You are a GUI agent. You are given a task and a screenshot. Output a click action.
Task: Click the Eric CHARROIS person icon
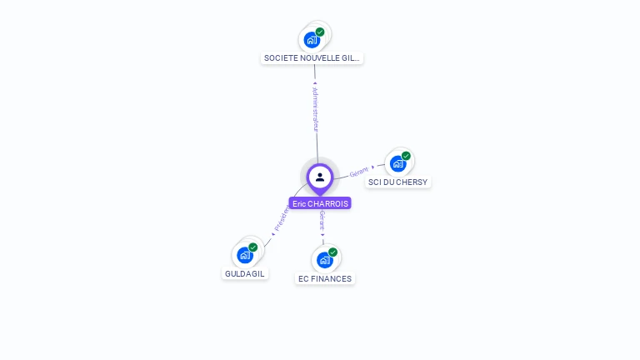tap(320, 177)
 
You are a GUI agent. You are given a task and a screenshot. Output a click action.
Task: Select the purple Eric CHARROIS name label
tap(320, 203)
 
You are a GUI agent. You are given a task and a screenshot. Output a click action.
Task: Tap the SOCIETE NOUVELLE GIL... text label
tap(312, 58)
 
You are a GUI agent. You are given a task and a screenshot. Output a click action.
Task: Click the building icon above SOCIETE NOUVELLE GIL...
tap(312, 40)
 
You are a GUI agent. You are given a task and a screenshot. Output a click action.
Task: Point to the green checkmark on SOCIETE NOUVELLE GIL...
tap(320, 32)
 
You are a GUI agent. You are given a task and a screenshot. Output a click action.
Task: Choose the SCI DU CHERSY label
tap(398, 182)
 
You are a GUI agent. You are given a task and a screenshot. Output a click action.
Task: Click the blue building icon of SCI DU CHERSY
tap(398, 163)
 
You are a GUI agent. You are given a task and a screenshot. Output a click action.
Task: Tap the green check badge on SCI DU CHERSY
tap(406, 156)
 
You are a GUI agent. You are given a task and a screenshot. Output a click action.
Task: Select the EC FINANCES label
tap(325, 278)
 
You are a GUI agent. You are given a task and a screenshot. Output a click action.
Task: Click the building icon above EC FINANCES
tap(325, 260)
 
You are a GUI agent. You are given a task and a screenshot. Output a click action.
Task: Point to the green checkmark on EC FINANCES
tap(332, 252)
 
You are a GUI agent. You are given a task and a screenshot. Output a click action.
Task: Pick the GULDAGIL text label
tap(245, 273)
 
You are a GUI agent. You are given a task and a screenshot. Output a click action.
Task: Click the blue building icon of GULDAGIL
tap(245, 255)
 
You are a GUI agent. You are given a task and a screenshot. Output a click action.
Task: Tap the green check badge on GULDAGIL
tap(252, 247)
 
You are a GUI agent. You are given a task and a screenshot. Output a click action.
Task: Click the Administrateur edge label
tap(315, 108)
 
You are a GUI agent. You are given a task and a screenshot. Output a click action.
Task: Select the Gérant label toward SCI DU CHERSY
tap(359, 172)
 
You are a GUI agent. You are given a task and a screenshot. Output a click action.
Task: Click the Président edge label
tap(281, 217)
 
